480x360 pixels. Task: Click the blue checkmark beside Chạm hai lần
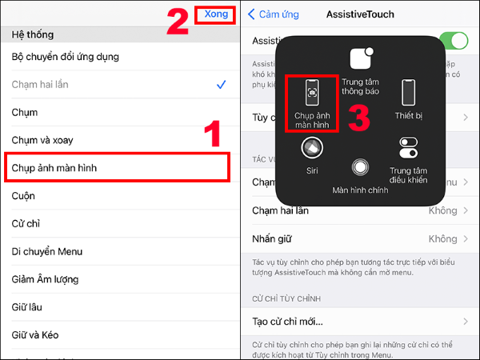coord(221,84)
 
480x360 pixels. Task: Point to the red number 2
coord(178,22)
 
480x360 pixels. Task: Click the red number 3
coord(358,117)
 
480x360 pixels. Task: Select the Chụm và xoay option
coord(42,140)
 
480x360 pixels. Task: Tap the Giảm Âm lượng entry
coord(46,279)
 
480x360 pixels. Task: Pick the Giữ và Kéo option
coord(35,335)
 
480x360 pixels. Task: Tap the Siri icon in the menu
coord(311,150)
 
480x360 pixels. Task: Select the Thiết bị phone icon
coord(409,92)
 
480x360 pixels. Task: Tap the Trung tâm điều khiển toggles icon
coord(409,150)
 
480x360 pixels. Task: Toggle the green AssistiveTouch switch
coord(454,41)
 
